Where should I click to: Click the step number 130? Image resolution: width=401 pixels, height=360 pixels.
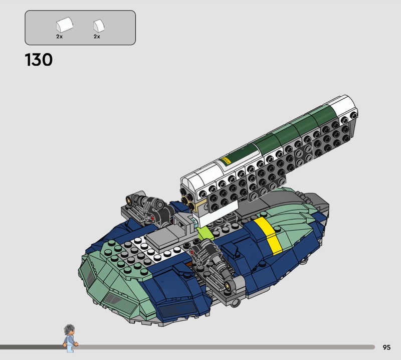(39, 60)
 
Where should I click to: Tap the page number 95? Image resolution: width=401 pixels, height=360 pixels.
(386, 347)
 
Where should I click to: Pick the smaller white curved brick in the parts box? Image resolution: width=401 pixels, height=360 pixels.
(99, 26)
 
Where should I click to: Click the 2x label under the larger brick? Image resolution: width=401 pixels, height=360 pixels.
(59, 37)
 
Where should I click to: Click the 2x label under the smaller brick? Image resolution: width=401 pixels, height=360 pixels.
(97, 37)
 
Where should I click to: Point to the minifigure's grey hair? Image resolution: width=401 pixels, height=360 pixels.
(69, 329)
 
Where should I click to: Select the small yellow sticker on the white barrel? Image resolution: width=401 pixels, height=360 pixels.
(226, 160)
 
